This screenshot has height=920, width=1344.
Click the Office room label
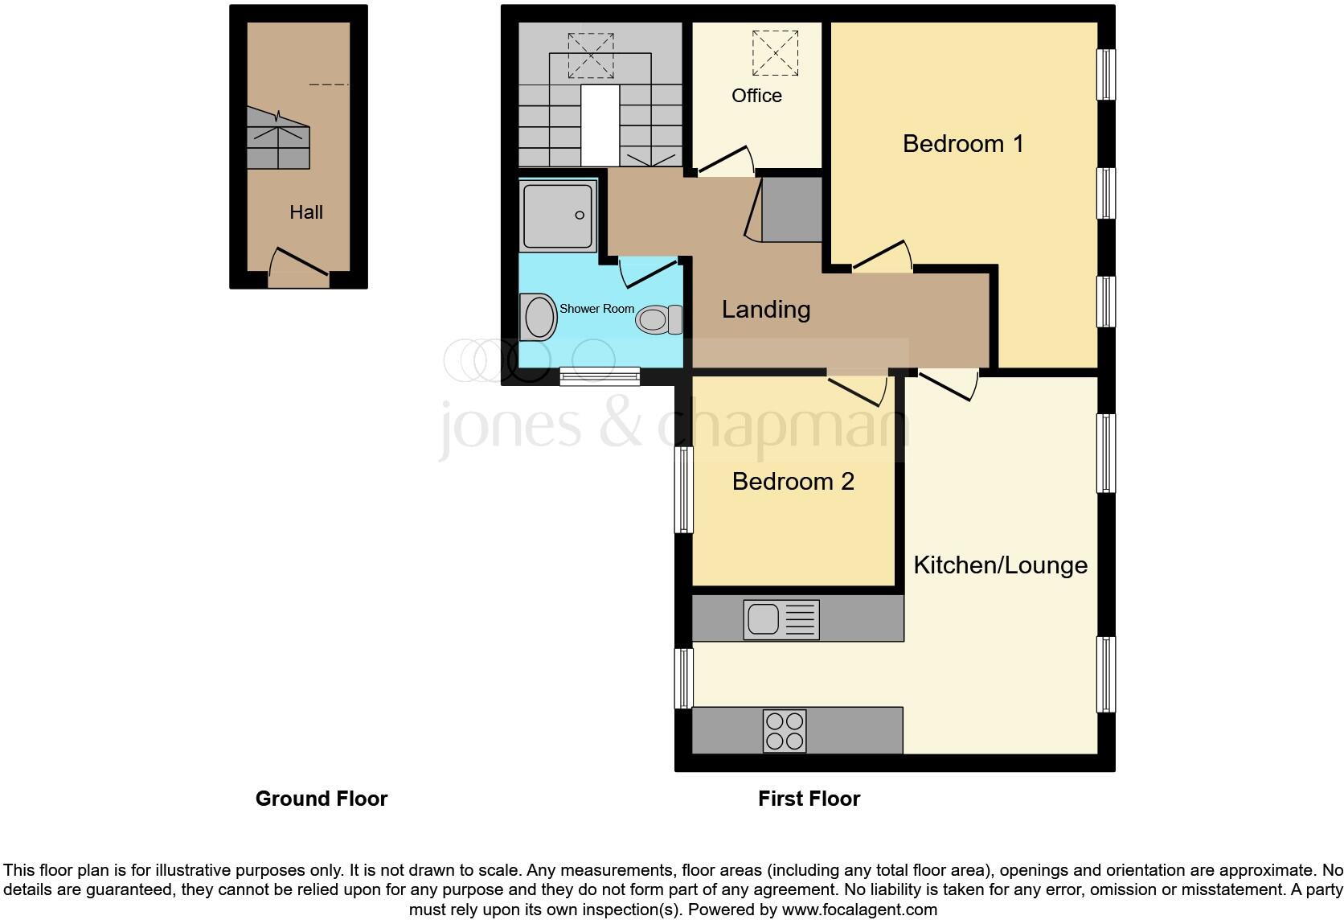click(x=756, y=96)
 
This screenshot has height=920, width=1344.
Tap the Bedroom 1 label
click(x=963, y=144)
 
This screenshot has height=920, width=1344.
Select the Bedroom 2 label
click(x=793, y=482)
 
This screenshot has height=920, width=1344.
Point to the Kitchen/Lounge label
click(x=1000, y=565)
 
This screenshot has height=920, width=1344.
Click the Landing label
click(x=765, y=310)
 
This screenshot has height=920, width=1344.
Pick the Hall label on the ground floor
click(x=306, y=212)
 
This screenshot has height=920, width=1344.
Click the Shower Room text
click(x=596, y=309)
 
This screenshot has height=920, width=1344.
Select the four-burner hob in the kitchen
click(x=785, y=731)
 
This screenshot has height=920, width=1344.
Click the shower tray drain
click(x=580, y=216)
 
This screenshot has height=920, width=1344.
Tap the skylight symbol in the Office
click(x=776, y=53)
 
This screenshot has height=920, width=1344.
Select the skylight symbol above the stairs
click(x=591, y=55)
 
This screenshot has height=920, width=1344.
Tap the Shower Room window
click(x=600, y=376)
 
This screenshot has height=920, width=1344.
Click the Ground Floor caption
click(x=322, y=799)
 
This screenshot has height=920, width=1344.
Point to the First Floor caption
click(x=809, y=799)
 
